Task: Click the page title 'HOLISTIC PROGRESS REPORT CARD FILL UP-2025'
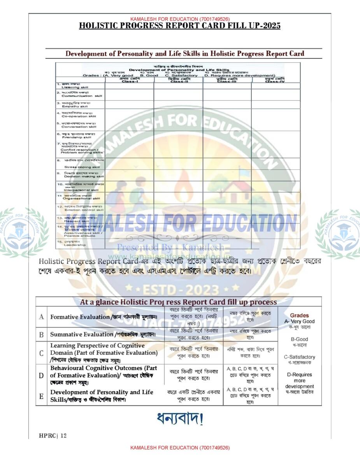click(179, 26)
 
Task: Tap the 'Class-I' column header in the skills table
click(129, 81)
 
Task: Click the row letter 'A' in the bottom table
click(41, 317)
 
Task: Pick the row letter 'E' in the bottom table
click(41, 396)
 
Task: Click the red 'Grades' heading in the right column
click(299, 315)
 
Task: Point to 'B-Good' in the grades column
click(299, 339)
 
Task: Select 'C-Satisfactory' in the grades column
click(299, 357)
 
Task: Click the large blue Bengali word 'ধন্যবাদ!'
click(180, 418)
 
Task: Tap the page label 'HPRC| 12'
click(53, 435)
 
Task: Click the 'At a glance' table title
click(178, 302)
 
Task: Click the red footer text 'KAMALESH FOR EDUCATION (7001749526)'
click(180, 448)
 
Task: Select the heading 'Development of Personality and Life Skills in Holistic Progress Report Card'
click(184, 54)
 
